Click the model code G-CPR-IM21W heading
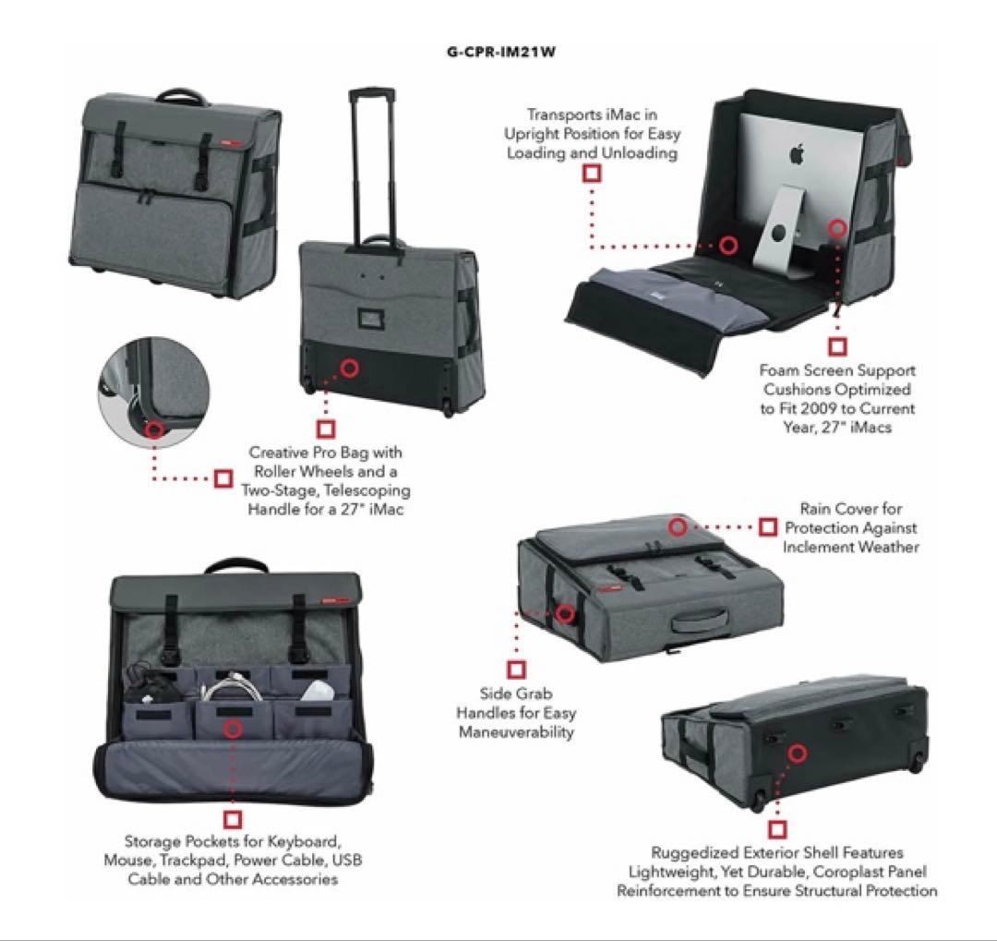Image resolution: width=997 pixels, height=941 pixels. click(x=501, y=52)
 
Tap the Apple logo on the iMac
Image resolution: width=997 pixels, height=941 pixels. click(x=797, y=154)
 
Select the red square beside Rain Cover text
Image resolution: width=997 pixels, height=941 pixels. click(x=768, y=526)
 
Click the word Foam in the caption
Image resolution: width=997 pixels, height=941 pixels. click(x=779, y=370)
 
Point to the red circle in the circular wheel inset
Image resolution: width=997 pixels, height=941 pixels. click(x=154, y=429)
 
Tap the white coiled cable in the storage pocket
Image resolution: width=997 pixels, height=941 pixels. click(x=232, y=687)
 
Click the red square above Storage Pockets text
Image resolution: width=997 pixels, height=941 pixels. click(x=233, y=819)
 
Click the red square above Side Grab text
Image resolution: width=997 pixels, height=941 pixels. click(x=516, y=670)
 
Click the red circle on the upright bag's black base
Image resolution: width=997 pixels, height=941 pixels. click(x=349, y=368)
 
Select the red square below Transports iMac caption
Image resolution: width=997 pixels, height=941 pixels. click(x=592, y=173)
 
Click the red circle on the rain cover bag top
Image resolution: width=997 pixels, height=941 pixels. click(x=679, y=526)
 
